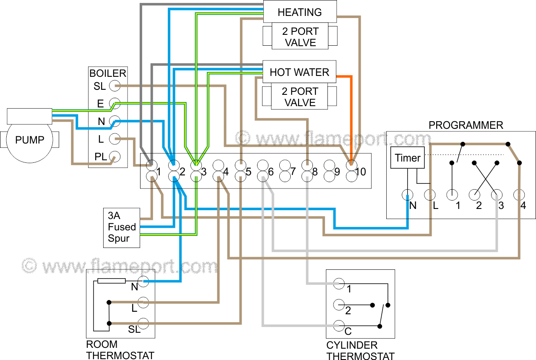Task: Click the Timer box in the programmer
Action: point(407,158)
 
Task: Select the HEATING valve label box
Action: point(299,12)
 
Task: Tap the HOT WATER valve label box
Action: point(299,72)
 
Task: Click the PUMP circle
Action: point(29,140)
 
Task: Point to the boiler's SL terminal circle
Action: point(114,86)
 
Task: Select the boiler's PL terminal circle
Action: point(114,157)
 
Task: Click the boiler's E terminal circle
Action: point(114,104)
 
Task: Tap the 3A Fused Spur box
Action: point(122,227)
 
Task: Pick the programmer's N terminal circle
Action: point(407,195)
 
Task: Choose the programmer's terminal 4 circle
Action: point(519,195)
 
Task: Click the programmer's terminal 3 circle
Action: point(497,195)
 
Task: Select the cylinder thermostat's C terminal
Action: point(339,325)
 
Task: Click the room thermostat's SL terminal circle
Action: point(143,323)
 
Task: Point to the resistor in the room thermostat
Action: point(111,281)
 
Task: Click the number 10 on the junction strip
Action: point(360,172)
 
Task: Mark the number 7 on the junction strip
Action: point(293,172)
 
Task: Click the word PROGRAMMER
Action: point(466,125)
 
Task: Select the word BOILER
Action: point(108,74)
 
